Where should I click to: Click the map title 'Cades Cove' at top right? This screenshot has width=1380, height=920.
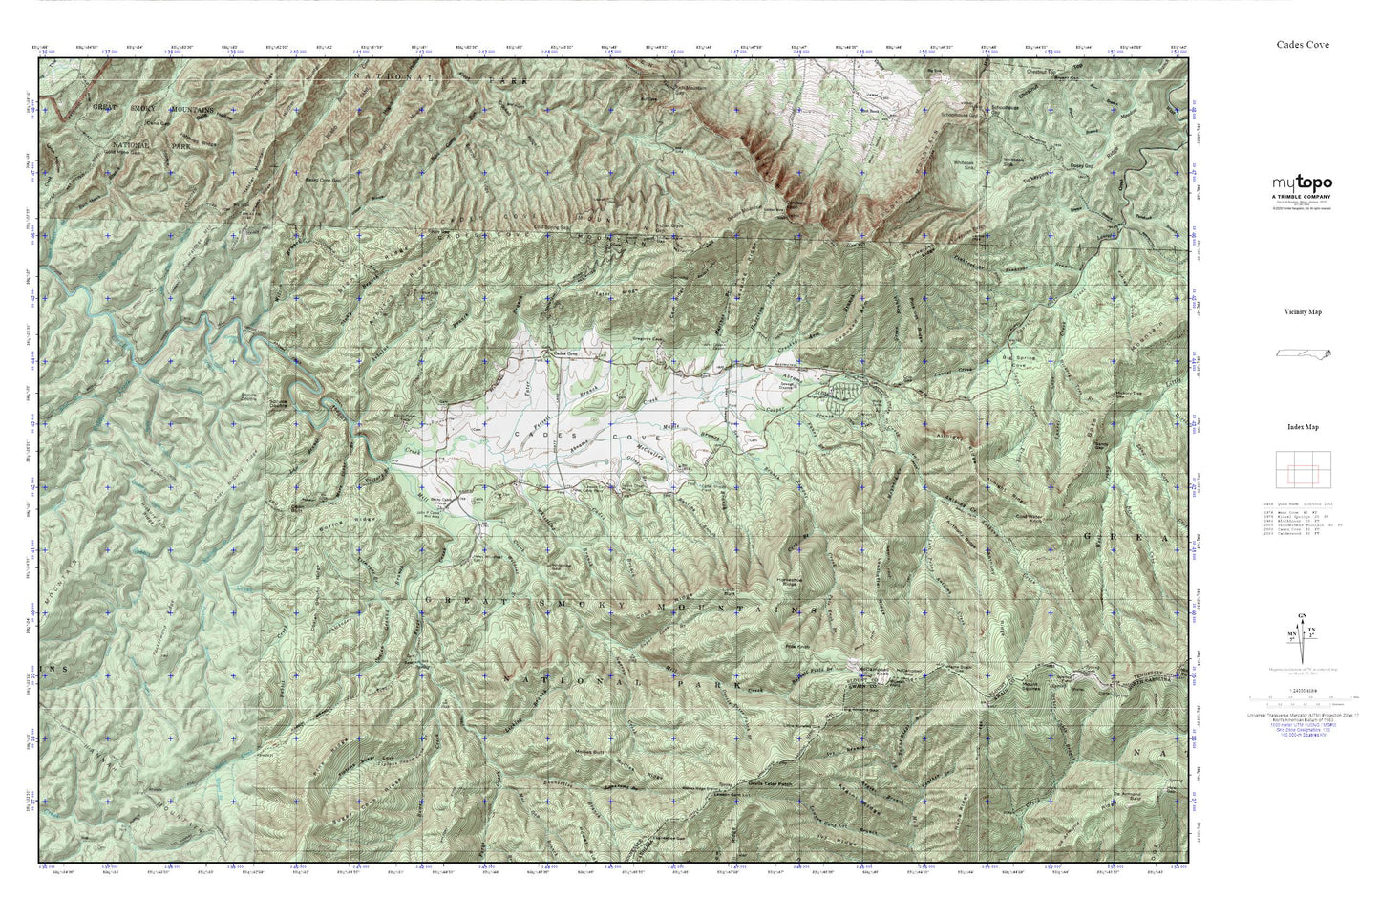pyautogui.click(x=1303, y=44)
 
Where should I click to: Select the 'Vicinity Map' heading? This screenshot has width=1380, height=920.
pyautogui.click(x=1302, y=311)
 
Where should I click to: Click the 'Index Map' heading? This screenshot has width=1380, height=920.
pyautogui.click(x=1302, y=427)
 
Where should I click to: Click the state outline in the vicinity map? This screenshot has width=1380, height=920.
pyautogui.click(x=1304, y=353)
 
